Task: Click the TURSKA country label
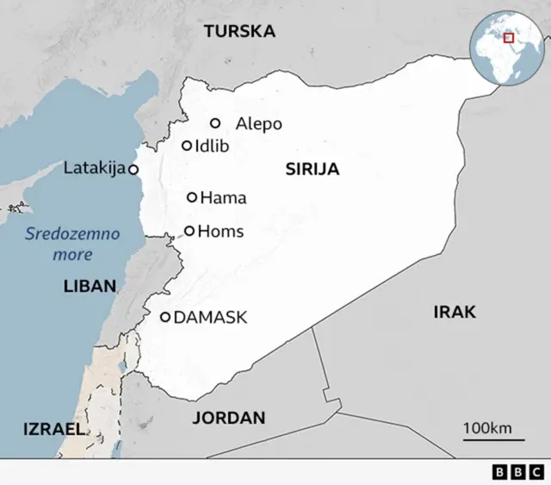[239, 32]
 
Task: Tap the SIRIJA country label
[312, 170]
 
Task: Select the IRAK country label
[454, 312]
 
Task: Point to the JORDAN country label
[228, 418]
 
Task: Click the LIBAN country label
[90, 287]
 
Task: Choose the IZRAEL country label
[54, 428]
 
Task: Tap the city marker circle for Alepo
[215, 123]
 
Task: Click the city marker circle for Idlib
[187, 146]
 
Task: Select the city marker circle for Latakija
[133, 170]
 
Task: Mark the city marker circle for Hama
[192, 197]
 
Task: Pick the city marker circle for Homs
[189, 231]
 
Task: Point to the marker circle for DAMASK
[165, 317]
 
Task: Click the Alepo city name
[258, 124]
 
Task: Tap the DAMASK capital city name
[210, 318]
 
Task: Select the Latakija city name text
[95, 168]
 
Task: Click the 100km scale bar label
[487, 428]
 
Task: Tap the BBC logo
[517, 472]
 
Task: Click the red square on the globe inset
[509, 37]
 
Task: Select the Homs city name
[220, 231]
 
